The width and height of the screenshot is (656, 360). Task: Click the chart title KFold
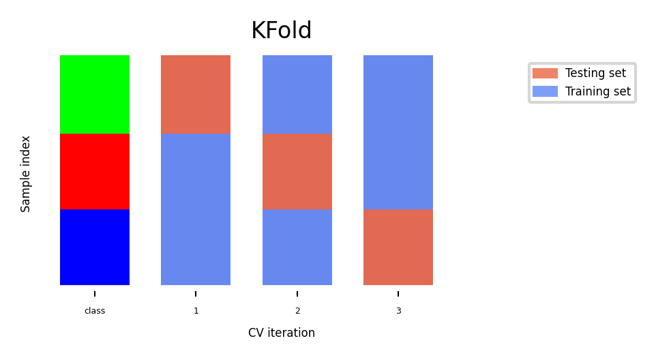[281, 30]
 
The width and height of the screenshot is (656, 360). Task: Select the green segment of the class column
[95, 95]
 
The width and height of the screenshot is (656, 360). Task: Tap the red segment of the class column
[95, 171]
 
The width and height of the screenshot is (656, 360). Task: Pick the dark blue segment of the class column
[95, 247]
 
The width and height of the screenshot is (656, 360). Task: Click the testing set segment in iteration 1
[196, 95]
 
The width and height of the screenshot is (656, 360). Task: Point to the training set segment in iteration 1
[196, 209]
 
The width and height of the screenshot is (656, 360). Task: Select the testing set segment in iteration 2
[297, 171]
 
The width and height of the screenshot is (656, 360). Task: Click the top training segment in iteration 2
[297, 95]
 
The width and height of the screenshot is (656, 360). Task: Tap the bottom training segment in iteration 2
[297, 247]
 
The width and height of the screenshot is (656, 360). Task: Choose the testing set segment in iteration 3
[398, 247]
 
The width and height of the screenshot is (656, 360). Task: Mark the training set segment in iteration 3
[398, 132]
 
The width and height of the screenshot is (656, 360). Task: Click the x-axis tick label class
[95, 311]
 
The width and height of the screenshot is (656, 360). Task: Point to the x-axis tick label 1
[196, 311]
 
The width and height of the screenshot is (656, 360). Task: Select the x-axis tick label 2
[297, 311]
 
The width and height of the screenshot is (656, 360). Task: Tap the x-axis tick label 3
[399, 311]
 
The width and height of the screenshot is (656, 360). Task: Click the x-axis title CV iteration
[282, 333]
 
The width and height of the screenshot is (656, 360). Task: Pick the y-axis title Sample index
[25, 174]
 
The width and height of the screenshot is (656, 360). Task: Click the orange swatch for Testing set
[545, 73]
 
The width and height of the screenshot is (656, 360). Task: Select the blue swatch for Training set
[545, 91]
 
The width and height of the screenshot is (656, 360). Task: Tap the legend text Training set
[598, 91]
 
